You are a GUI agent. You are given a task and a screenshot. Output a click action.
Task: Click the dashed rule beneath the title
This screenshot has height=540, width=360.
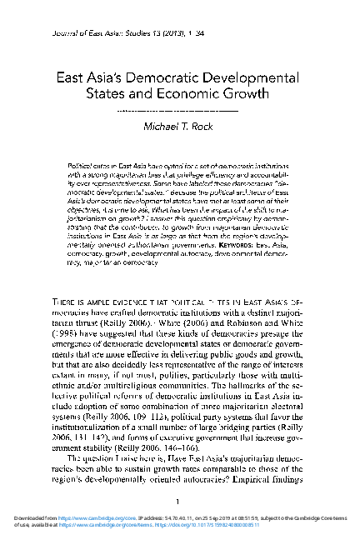click(x=179, y=110)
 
